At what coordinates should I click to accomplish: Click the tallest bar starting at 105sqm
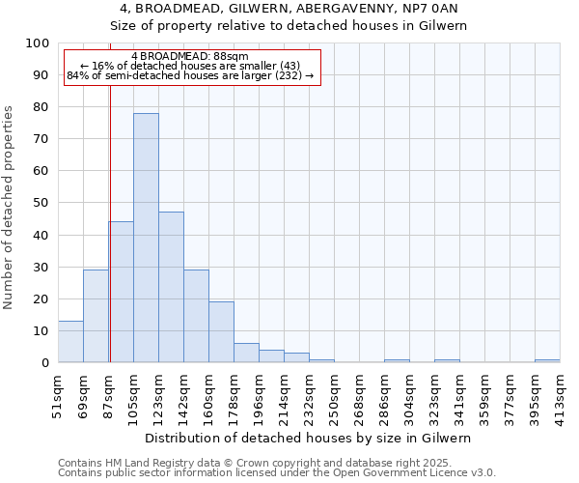pyautogui.click(x=146, y=238)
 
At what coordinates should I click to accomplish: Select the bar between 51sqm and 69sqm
pyautogui.click(x=70, y=342)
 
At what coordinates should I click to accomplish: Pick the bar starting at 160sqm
pyautogui.click(x=221, y=332)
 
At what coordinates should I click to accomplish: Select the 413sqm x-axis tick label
pyautogui.click(x=560, y=394)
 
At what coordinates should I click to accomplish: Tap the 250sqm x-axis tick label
pyautogui.click(x=334, y=394)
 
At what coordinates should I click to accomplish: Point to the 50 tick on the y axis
pyautogui.click(x=41, y=203)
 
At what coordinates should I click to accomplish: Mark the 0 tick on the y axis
pyautogui.click(x=44, y=362)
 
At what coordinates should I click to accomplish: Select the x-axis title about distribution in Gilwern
pyautogui.click(x=308, y=438)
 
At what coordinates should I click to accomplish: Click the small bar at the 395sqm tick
pyautogui.click(x=546, y=361)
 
